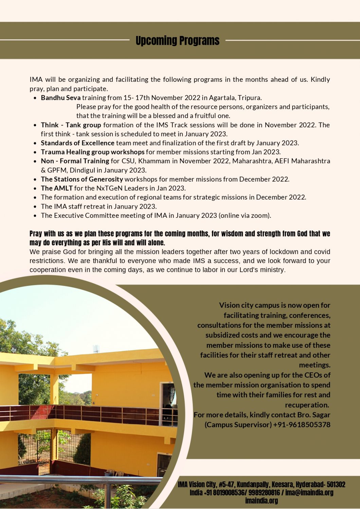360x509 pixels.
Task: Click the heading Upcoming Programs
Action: (177, 41)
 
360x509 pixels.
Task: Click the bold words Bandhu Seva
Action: (60, 98)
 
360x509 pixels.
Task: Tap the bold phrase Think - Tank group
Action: (71, 125)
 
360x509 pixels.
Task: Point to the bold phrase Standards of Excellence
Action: (77, 143)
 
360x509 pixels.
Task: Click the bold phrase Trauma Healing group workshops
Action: (92, 152)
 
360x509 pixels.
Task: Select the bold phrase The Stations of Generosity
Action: (82, 179)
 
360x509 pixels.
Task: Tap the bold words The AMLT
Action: (56, 188)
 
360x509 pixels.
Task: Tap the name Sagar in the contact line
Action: (321, 415)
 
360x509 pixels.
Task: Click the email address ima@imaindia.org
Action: (309, 492)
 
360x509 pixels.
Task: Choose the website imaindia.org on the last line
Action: (261, 501)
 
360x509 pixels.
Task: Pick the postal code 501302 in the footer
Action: (336, 484)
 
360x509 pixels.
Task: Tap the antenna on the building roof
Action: (96, 349)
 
